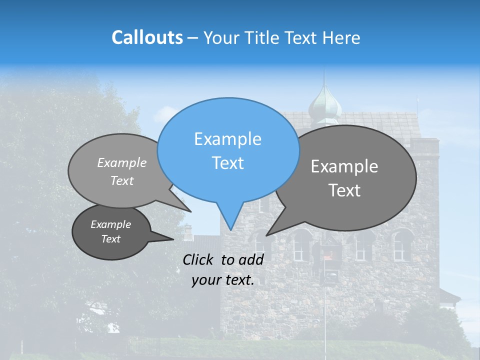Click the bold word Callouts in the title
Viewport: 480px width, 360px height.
coord(147,37)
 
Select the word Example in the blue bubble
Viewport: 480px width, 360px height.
coord(227,139)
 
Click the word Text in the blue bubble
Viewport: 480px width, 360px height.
coord(227,163)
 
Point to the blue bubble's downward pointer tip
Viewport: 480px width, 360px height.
coord(230,230)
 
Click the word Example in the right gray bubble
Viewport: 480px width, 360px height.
coord(344,166)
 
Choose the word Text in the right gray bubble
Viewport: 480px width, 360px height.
coord(344,190)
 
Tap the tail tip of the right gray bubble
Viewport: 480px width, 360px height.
coord(266,235)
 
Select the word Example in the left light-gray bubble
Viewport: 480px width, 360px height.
coord(122,162)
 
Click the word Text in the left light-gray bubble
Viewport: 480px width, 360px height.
coord(122,180)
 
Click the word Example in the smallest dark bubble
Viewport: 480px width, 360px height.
coord(110,224)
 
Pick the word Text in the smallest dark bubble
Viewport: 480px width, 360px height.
coord(110,239)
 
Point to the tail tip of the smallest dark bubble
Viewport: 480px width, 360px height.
coord(173,239)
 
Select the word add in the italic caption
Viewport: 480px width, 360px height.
coord(251,259)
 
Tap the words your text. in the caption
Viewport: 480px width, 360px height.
coord(222,280)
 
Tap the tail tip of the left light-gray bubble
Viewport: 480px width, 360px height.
coord(191,211)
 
